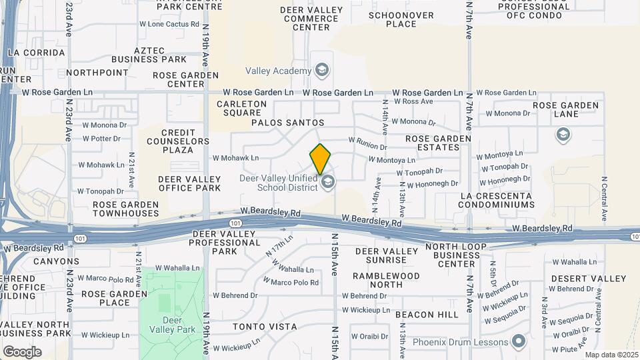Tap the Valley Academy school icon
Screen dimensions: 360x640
pos(322,71)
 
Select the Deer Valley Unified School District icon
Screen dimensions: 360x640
pos(327,182)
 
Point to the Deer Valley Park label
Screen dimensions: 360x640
pos(172,325)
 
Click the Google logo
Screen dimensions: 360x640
pos(22,352)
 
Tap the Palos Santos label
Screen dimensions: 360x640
pos(287,123)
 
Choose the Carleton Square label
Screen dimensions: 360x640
pos(242,109)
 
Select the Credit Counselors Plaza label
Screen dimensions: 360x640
pos(176,142)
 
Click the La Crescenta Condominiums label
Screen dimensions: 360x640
pos(496,200)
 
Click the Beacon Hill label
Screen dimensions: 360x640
pos(427,314)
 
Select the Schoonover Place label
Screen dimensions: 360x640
pos(401,19)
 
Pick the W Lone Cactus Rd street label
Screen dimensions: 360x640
pos(169,24)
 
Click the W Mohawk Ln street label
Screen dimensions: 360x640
pos(235,158)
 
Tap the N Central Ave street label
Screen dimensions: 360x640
pos(605,199)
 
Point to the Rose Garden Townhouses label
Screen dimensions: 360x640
pos(126,209)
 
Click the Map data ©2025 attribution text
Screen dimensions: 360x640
pos(611,355)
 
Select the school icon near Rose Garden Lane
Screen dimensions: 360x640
pos(563,136)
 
